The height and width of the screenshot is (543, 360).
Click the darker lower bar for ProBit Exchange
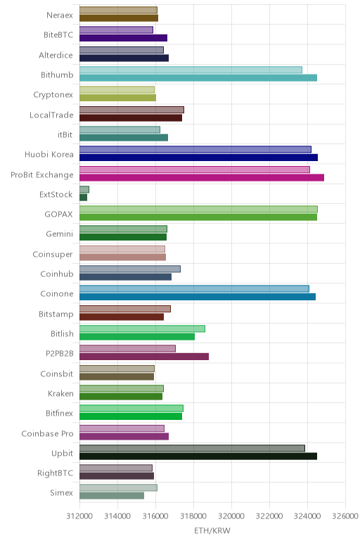(202, 178)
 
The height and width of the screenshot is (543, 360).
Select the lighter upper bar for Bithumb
(191, 70)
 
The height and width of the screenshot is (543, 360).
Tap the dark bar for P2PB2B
(144, 357)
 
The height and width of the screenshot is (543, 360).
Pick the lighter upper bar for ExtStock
(84, 189)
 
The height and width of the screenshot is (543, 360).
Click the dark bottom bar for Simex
(112, 496)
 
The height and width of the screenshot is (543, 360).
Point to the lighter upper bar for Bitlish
(142, 328)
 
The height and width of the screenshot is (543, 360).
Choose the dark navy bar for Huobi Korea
(199, 158)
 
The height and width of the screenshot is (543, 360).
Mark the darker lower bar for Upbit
(198, 456)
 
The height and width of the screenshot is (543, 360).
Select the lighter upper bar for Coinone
(194, 289)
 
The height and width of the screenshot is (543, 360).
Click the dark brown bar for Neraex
(119, 18)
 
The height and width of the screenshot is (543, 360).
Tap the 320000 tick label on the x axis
(231, 516)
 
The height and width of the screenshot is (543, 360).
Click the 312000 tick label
(79, 516)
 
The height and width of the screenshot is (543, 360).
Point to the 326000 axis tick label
(345, 516)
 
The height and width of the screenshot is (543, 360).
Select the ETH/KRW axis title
(212, 530)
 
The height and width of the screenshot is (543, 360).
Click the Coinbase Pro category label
(47, 433)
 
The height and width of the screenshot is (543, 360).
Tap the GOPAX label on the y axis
(59, 215)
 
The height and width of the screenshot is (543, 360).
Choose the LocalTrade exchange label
(51, 115)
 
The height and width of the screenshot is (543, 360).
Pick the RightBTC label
(56, 473)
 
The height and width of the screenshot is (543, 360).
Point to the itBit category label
(65, 135)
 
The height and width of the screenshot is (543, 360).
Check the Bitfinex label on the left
(60, 413)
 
